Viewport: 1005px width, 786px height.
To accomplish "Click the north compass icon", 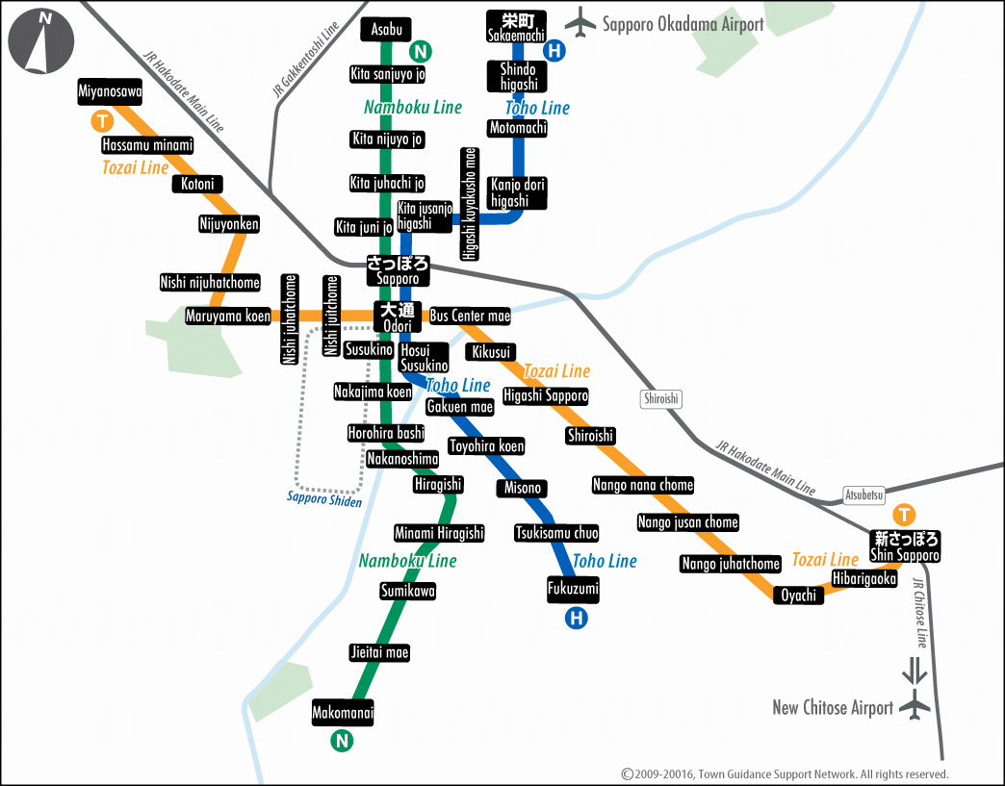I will pyautogui.click(x=41, y=41).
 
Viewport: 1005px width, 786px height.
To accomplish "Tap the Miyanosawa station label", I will pyautogui.click(x=110, y=92).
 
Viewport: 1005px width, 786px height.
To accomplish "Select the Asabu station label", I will pyautogui.click(x=386, y=30).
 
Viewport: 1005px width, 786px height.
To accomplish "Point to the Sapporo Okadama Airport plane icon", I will pyautogui.click(x=580, y=23).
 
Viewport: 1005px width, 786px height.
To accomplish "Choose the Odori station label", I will pyautogui.click(x=397, y=317).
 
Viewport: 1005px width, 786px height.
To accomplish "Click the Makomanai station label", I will pyautogui.click(x=342, y=713).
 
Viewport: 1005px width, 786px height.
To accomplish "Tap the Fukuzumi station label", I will pyautogui.click(x=573, y=589).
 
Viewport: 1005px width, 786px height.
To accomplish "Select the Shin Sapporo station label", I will pyautogui.click(x=904, y=546).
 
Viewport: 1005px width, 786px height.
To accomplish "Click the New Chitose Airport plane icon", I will pyautogui.click(x=914, y=708).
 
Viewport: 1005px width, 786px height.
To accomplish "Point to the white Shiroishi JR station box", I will pyautogui.click(x=659, y=398).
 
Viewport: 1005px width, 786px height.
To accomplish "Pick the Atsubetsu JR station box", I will pyautogui.click(x=863, y=495).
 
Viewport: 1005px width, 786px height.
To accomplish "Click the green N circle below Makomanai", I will pyautogui.click(x=341, y=741).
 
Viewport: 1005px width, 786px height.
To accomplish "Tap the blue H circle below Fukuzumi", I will pyautogui.click(x=576, y=618).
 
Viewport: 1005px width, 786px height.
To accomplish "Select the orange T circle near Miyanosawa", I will pyautogui.click(x=101, y=121).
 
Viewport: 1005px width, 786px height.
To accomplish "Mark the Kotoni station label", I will pyautogui.click(x=197, y=184).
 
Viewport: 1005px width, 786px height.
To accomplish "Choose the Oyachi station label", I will pyautogui.click(x=798, y=595).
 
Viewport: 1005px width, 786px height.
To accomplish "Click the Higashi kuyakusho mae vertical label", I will pyautogui.click(x=469, y=203).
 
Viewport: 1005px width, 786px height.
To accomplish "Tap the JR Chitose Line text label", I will pyautogui.click(x=919, y=613).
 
